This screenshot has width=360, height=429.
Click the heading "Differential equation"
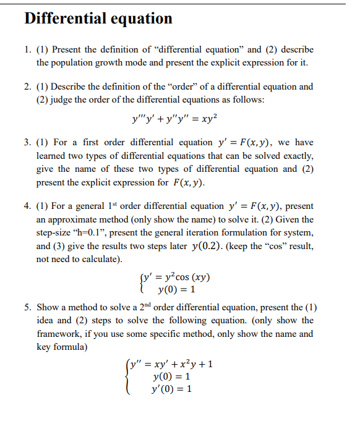pos(98,19)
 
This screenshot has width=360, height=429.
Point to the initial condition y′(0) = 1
pos(171,389)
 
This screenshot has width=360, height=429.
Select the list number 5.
pos(27,307)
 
